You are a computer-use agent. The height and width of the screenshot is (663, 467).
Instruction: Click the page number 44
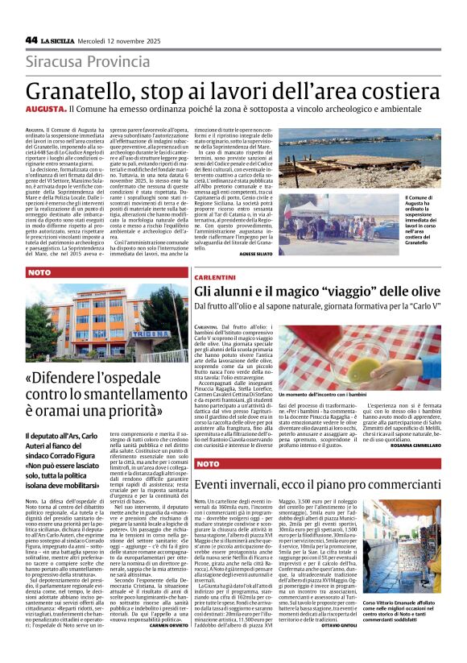[x=31, y=39]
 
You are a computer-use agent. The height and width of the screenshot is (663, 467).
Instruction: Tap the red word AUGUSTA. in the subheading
[x=44, y=108]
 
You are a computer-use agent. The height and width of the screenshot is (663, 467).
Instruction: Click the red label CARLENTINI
[x=214, y=276]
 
